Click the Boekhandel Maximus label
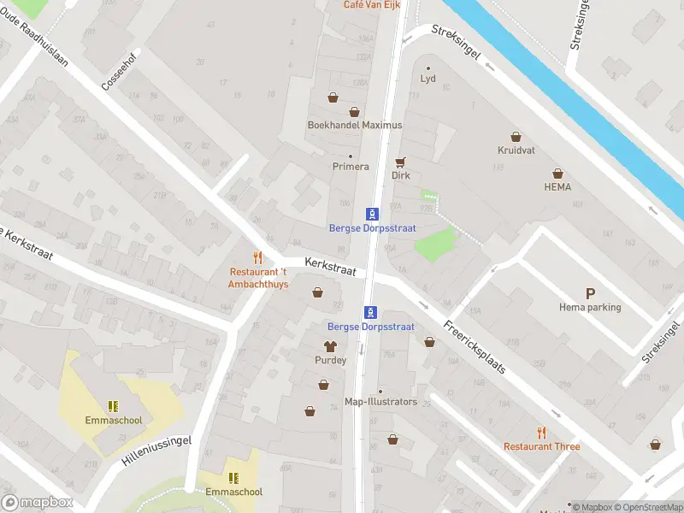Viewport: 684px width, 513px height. coord(354,125)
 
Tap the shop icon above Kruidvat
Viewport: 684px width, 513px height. coord(516,136)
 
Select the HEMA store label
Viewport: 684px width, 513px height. coord(557,186)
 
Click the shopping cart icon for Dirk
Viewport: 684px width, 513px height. coord(400,162)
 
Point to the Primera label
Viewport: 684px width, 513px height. coord(351,167)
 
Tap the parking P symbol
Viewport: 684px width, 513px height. coord(590,293)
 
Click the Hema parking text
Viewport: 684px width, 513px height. coord(590,307)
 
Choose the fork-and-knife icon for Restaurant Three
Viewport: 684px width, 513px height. coord(541,433)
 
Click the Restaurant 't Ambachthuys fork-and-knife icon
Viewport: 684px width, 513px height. coord(257,257)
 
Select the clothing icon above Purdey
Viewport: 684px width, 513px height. coord(330,346)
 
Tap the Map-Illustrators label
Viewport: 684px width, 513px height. coord(380,402)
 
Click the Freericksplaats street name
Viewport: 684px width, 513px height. coord(475,346)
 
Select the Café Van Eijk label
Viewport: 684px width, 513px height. coord(371,5)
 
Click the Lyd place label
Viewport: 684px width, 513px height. coord(428,79)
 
